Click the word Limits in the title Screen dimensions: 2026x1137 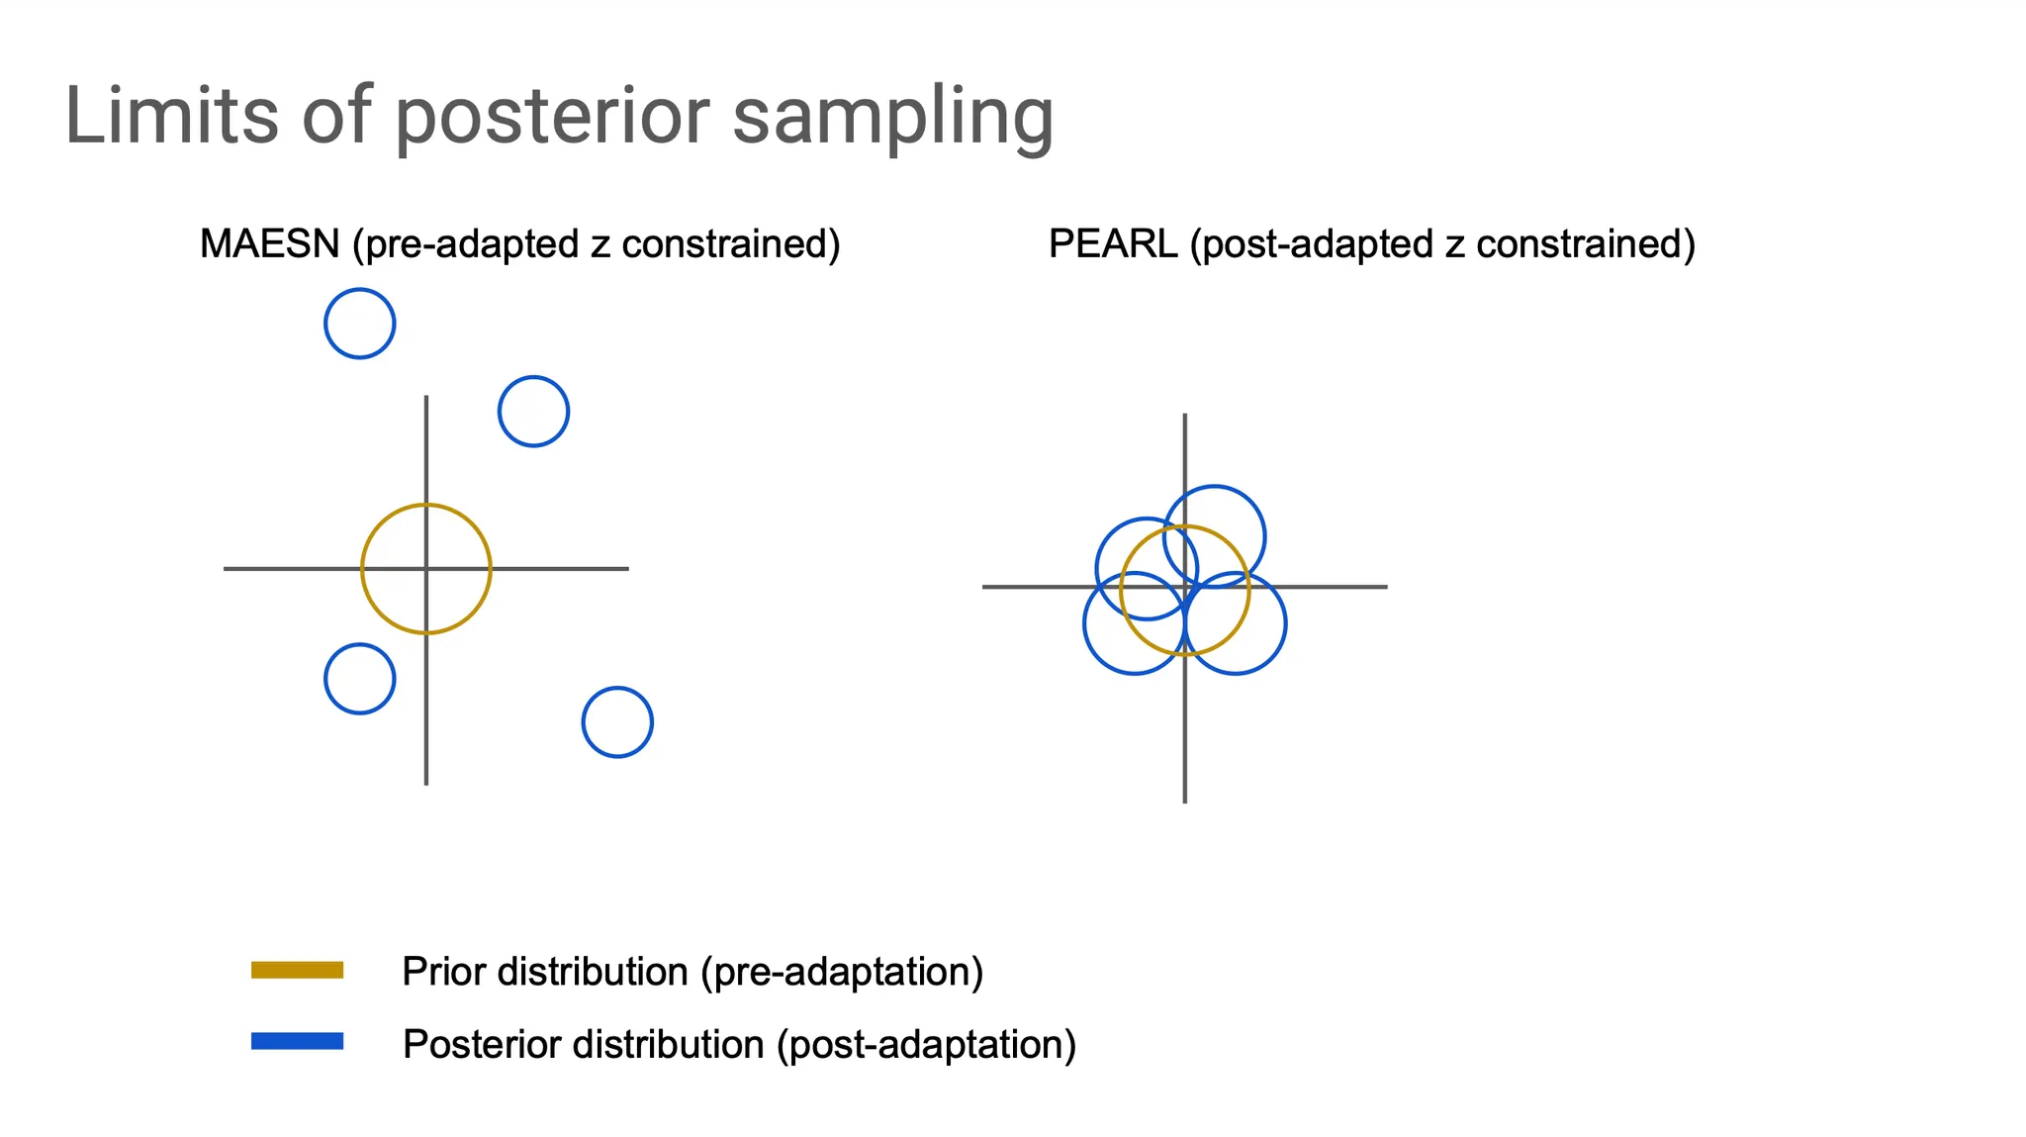point(172,115)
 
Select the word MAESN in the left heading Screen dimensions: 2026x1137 point(270,243)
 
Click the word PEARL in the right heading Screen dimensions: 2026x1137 point(1113,243)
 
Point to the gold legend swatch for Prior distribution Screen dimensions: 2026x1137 point(297,970)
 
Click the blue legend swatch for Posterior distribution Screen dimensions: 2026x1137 point(297,1041)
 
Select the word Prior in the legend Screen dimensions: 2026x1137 point(443,971)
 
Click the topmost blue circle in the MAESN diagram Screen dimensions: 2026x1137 point(325,324)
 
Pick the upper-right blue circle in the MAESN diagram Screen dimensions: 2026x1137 point(499,412)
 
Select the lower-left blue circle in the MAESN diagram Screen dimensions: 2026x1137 point(325,679)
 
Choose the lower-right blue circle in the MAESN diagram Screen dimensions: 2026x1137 point(583,722)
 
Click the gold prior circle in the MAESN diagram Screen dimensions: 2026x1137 point(362,569)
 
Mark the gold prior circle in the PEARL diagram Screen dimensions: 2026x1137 point(1120,591)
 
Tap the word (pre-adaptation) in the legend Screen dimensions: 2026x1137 point(842,973)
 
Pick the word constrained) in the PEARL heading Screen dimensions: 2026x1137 point(1586,244)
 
